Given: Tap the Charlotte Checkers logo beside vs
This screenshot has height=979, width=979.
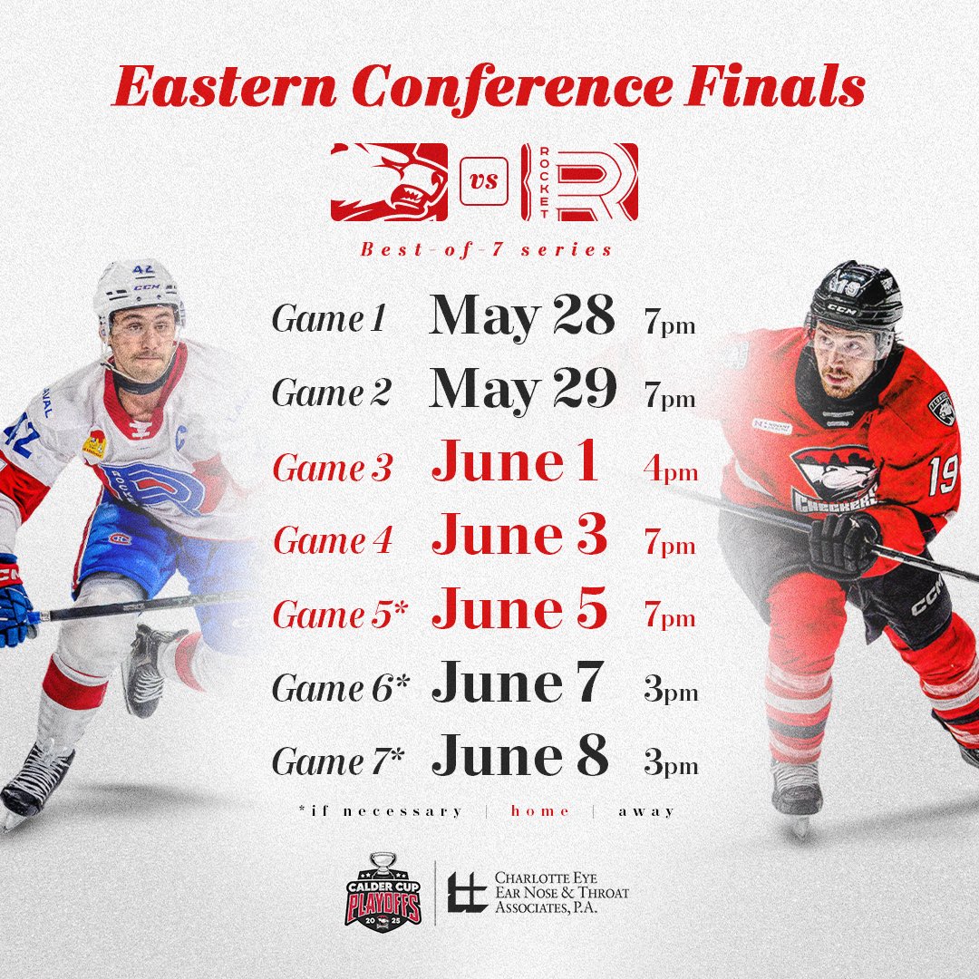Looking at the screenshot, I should (x=389, y=181).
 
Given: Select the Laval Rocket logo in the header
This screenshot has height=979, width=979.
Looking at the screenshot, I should (x=579, y=181).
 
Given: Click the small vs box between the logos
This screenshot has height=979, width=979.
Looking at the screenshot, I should (x=484, y=181).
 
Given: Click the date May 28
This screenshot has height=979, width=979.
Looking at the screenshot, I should (x=522, y=317).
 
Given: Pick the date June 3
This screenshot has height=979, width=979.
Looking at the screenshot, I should (x=519, y=537).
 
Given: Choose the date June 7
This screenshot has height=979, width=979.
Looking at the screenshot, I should (x=517, y=684).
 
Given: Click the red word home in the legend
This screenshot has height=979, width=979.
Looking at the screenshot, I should (x=540, y=810).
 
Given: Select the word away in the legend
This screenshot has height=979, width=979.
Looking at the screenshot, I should (x=646, y=810).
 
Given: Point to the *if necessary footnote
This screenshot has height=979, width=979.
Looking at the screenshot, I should (x=380, y=810).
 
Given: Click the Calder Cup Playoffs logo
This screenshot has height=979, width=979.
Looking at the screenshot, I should (x=383, y=889).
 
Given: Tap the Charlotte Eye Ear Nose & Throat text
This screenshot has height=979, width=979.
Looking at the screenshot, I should (x=562, y=892).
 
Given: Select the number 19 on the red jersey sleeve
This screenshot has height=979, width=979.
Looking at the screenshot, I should (x=942, y=475).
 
